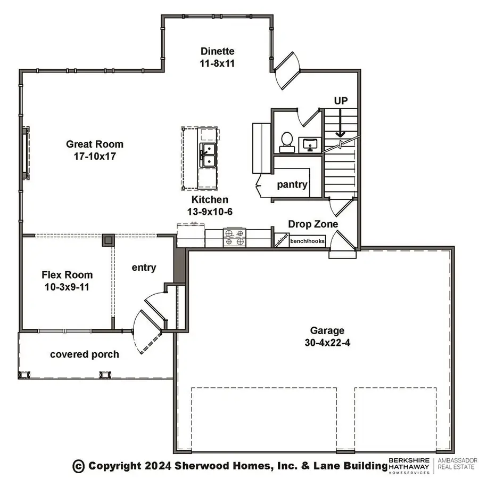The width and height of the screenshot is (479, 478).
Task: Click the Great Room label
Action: pyautogui.click(x=94, y=144)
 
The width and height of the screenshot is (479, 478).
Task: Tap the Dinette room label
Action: pyautogui.click(x=217, y=51)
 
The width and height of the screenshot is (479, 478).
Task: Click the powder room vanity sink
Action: pyautogui.click(x=309, y=143)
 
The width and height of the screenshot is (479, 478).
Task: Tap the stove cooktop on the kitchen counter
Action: pyautogui.click(x=235, y=237)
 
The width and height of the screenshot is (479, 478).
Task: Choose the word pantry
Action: pyautogui.click(x=292, y=185)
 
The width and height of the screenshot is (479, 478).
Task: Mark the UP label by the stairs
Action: pyautogui.click(x=341, y=101)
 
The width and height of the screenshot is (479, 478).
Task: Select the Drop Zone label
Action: pyautogui.click(x=313, y=224)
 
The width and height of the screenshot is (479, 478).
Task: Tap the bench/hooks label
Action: pyautogui.click(x=307, y=241)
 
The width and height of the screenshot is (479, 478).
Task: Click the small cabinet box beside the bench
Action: pyautogui.click(x=281, y=240)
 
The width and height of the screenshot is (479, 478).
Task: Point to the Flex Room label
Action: pyautogui.click(x=67, y=275)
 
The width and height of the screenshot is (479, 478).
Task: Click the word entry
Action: pyautogui.click(x=144, y=268)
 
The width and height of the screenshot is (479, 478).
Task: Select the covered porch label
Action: pyautogui.click(x=85, y=354)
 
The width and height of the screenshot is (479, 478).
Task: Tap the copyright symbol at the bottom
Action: pyautogui.click(x=79, y=466)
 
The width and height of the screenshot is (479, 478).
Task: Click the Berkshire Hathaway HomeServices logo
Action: pyautogui.click(x=410, y=465)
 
